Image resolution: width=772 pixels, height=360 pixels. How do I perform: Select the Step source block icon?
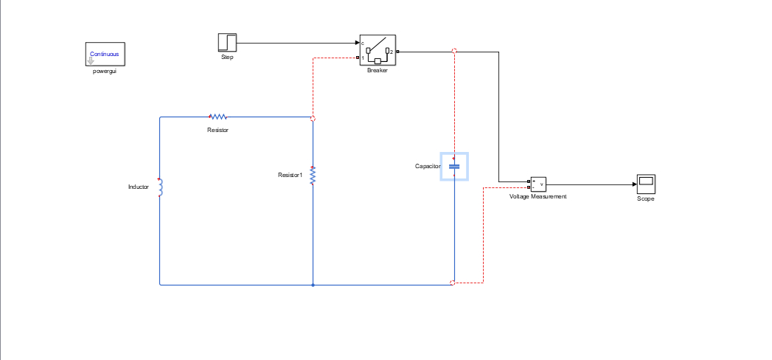click(x=227, y=43)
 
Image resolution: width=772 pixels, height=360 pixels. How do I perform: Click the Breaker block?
click(x=378, y=50)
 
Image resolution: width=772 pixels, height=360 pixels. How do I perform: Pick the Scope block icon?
click(x=646, y=184)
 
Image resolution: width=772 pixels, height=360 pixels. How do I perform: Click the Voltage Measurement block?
click(x=538, y=184)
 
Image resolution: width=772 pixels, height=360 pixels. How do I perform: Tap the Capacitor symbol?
click(x=454, y=167)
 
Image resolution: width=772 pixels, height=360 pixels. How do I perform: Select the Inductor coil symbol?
click(x=160, y=187)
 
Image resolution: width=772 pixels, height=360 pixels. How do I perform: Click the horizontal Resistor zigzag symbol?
click(x=218, y=117)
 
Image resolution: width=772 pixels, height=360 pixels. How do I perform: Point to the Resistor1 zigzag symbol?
click(x=313, y=176)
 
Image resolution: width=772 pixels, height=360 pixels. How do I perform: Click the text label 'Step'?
click(x=227, y=57)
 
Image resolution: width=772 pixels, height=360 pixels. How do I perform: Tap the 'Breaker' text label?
click(x=378, y=71)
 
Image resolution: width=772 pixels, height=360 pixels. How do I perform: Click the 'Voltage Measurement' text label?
click(x=538, y=197)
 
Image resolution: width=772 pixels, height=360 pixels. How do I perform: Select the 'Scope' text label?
click(x=646, y=199)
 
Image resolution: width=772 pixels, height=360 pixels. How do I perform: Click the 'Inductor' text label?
click(x=139, y=187)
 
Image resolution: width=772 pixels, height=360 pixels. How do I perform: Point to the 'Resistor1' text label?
click(x=290, y=175)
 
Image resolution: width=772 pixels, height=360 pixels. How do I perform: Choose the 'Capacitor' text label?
click(x=427, y=167)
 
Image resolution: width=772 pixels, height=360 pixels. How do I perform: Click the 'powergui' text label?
click(x=104, y=71)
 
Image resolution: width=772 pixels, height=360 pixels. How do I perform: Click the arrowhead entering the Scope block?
click(x=633, y=184)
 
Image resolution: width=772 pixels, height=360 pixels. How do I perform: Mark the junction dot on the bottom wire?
click(x=313, y=284)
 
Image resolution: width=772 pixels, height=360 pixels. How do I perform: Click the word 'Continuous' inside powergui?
click(x=104, y=54)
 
